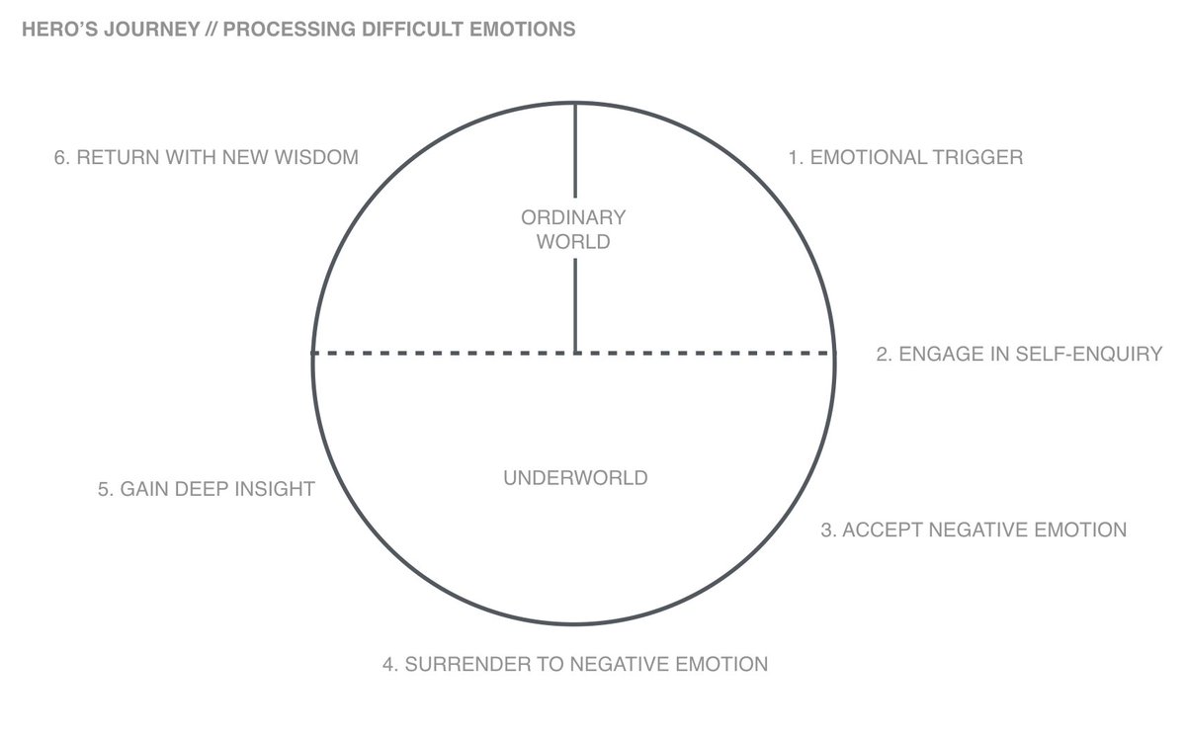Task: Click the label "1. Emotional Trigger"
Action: point(904,157)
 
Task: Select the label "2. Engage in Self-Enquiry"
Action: point(1019,354)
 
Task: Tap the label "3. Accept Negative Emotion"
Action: point(974,530)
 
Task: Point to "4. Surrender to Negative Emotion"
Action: point(575,664)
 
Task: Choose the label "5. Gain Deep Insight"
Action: point(206,488)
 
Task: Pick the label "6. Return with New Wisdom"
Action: point(206,157)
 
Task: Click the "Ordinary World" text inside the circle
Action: point(573,229)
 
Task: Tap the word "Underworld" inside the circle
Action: point(575,478)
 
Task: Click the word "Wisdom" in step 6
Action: point(317,157)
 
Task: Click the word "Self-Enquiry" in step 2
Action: point(1088,354)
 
